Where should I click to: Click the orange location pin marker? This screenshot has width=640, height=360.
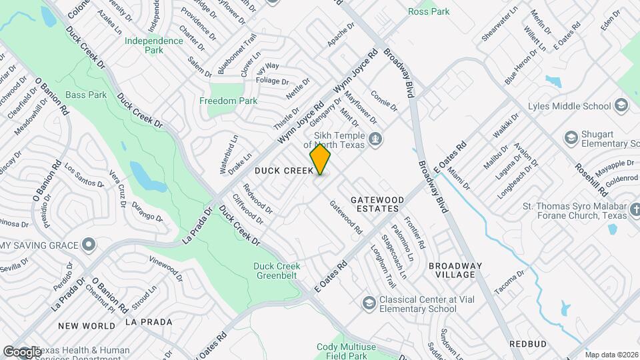321,159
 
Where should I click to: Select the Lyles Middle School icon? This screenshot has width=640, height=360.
621,106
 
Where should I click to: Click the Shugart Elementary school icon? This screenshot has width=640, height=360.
571,138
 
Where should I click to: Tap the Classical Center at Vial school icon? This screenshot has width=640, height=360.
369,304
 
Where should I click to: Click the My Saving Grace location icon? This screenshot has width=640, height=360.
89,246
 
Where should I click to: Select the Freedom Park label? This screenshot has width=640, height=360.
228,101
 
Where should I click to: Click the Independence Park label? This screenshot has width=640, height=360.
153,45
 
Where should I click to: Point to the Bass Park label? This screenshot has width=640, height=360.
87,95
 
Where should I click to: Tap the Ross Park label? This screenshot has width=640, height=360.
429,11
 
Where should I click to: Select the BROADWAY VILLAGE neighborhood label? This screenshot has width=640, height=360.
461,270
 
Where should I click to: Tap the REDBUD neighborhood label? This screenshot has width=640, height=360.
528,344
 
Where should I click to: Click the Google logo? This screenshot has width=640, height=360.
22,351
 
